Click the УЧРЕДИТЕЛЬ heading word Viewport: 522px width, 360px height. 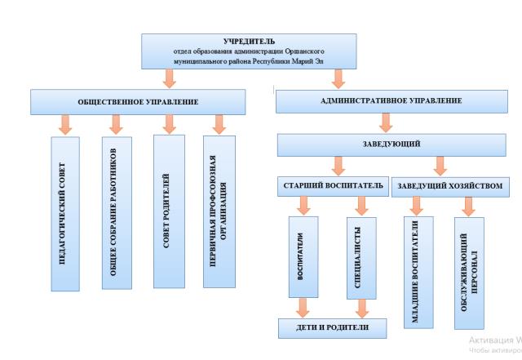click(x=249, y=41)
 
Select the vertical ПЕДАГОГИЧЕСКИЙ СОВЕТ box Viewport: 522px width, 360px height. click(x=65, y=214)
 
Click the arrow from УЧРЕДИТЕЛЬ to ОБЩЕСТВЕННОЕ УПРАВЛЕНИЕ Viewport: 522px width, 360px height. click(x=169, y=78)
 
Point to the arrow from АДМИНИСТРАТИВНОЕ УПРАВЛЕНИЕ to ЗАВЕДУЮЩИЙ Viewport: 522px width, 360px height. click(x=386, y=122)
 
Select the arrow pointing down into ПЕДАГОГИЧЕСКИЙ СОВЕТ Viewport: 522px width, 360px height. click(x=65, y=124)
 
